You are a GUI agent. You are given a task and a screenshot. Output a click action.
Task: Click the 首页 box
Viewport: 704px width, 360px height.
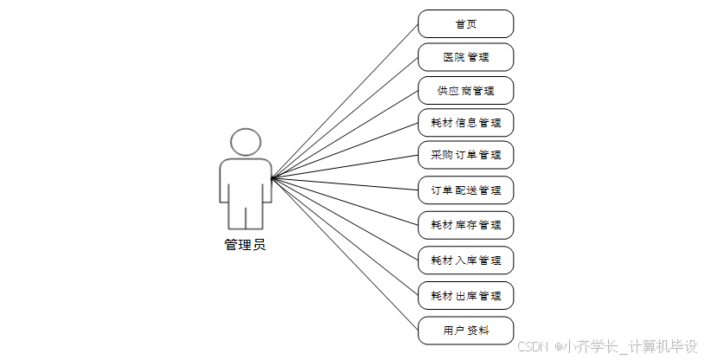click(x=465, y=24)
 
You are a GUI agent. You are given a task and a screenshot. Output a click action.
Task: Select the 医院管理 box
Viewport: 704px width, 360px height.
click(x=465, y=57)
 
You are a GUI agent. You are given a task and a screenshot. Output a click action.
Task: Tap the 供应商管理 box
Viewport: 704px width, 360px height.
click(x=465, y=90)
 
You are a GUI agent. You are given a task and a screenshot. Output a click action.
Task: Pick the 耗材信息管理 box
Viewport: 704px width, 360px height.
click(x=465, y=122)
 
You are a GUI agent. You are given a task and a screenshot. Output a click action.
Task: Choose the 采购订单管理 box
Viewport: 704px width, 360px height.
click(x=465, y=155)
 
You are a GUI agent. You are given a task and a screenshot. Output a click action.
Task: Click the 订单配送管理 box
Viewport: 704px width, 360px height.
click(x=465, y=190)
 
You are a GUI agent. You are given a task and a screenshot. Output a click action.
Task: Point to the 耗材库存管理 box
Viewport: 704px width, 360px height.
click(x=465, y=225)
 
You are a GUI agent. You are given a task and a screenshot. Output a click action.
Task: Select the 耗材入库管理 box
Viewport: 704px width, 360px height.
click(x=465, y=260)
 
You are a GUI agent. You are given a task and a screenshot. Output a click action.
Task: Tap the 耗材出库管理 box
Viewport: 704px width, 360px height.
click(x=465, y=295)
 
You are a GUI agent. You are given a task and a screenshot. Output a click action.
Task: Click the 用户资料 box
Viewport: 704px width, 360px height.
click(x=465, y=330)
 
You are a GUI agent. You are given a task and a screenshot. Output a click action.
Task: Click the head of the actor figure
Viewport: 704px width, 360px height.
click(x=245, y=142)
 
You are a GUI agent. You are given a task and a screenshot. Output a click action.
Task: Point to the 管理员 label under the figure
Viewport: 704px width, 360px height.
click(x=245, y=245)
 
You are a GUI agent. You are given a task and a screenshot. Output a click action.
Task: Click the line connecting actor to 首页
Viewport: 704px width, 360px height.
click(x=346, y=100)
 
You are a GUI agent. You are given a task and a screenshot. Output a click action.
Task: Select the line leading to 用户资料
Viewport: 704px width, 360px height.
click(x=346, y=255)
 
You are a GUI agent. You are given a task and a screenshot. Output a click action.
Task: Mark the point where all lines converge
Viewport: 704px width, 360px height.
click(x=272, y=178)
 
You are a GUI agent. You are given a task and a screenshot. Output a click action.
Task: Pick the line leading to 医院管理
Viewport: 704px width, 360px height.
click(x=346, y=117)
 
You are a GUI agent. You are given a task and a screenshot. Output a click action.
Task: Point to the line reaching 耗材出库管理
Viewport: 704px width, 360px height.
click(x=346, y=237)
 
